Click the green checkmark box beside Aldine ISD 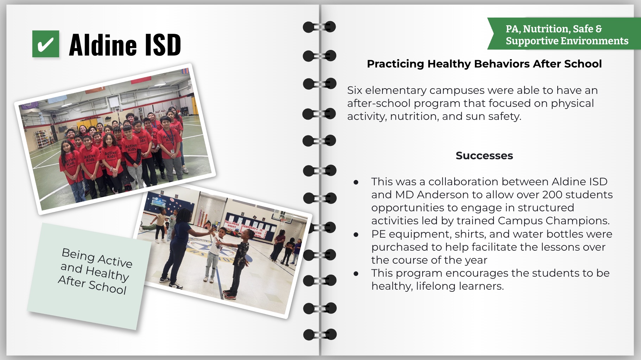[x=46, y=44]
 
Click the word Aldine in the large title [x=103, y=45]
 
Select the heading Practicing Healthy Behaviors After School [x=484, y=64]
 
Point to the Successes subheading [x=484, y=155]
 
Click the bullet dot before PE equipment [x=356, y=234]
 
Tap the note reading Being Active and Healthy [x=89, y=276]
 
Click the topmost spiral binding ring [x=319, y=27]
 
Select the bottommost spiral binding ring [x=320, y=334]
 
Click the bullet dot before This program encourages [x=356, y=274]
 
